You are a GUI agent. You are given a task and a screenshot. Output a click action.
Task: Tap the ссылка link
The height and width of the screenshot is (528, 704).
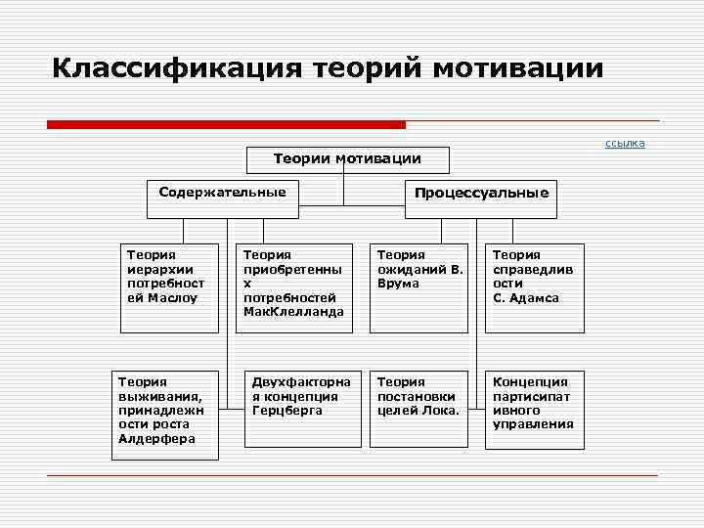pyautogui.click(x=625, y=144)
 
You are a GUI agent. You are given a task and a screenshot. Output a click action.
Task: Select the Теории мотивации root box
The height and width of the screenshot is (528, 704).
pyautogui.click(x=347, y=158)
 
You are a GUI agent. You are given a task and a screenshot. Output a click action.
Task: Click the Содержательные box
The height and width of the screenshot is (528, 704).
pyautogui.click(x=223, y=193)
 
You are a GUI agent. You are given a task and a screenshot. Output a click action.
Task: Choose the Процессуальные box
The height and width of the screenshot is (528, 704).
pyautogui.click(x=481, y=193)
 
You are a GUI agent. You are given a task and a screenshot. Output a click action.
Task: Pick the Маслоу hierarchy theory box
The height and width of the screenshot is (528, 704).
pyautogui.click(x=168, y=287)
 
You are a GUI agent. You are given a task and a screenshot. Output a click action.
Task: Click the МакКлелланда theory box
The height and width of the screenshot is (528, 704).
pyautogui.click(x=293, y=287)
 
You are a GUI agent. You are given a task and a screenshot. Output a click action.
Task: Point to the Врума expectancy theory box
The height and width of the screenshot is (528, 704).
pyautogui.click(x=418, y=287)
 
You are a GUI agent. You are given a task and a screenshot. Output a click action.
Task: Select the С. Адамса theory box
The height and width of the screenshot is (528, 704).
pyautogui.click(x=535, y=287)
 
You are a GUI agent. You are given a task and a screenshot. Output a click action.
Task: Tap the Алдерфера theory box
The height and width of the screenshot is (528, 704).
pyautogui.click(x=163, y=414)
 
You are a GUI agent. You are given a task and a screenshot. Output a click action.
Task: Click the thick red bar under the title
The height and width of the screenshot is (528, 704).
pyautogui.click(x=226, y=124)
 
